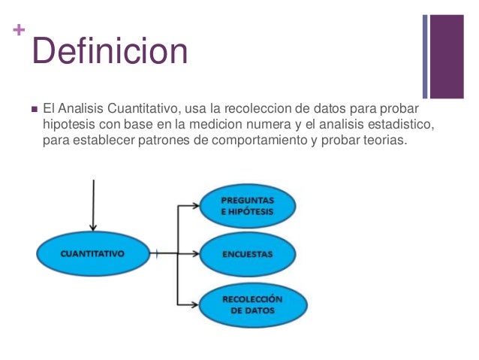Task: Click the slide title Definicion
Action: tap(110, 52)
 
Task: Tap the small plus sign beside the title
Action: tap(18, 31)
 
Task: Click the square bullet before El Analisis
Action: tap(35, 110)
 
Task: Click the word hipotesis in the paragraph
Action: tap(68, 125)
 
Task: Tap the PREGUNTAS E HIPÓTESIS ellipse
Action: tap(248, 207)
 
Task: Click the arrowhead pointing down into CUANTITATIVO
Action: tap(92, 226)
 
